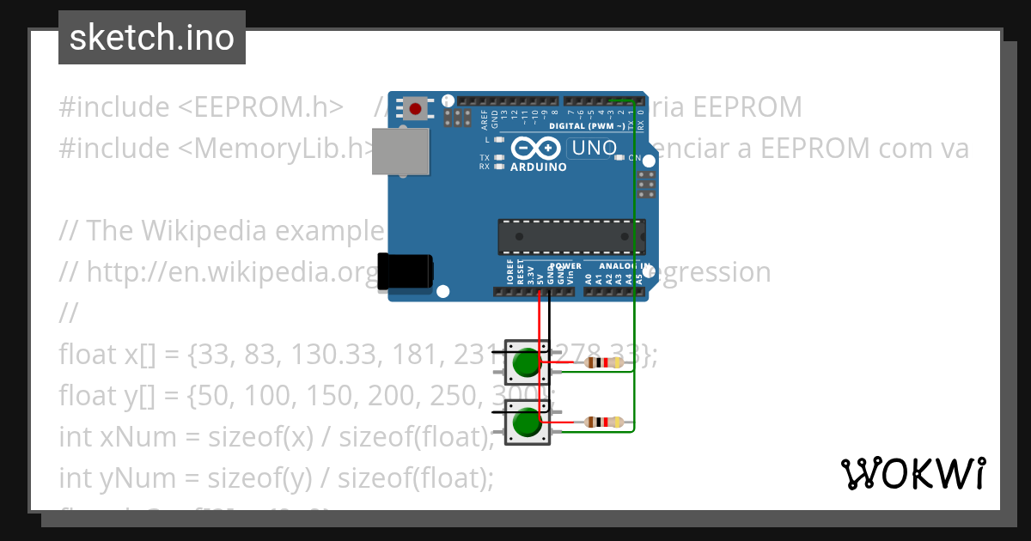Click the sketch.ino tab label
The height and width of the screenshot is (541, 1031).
tap(152, 38)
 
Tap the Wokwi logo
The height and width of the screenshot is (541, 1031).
tap(912, 473)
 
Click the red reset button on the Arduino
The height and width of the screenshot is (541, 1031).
tap(417, 109)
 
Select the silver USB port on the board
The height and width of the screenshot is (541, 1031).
tap(400, 152)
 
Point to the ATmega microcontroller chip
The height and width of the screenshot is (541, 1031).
tap(571, 236)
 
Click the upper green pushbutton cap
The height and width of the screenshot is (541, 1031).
tap(525, 364)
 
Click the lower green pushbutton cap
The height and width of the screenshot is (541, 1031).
tap(525, 423)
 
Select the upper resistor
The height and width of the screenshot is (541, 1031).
tap(603, 363)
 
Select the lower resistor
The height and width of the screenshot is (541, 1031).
tap(603, 422)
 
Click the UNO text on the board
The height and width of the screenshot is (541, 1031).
tap(595, 148)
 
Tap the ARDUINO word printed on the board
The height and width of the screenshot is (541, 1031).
tap(538, 167)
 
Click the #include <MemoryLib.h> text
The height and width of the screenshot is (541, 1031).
tap(215, 149)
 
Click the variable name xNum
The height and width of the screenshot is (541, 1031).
tap(129, 437)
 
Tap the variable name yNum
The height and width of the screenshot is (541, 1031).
tap(129, 477)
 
